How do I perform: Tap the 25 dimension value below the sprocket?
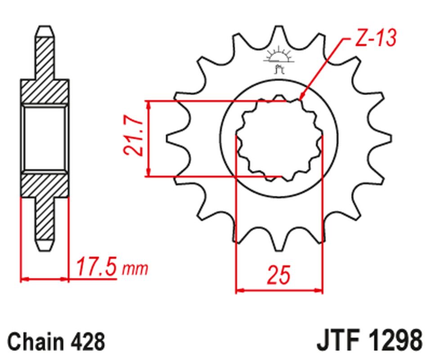coord(279,275)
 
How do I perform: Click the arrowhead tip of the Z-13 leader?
coord(300,99)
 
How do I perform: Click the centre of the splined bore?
coord(279,139)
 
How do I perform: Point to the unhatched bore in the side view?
coord(45,138)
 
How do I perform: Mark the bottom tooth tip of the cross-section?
coord(45,248)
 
